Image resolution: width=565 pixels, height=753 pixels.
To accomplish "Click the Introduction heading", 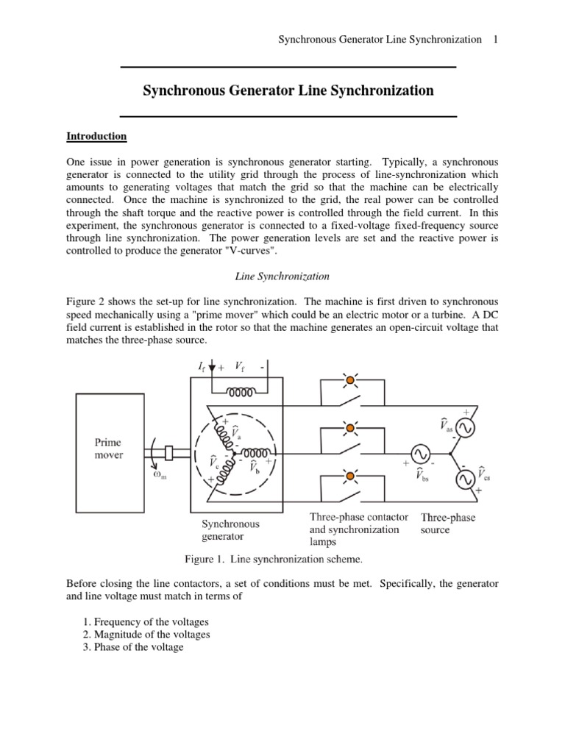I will coord(96,137).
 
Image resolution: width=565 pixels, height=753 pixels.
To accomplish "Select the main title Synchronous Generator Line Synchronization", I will coord(288,91).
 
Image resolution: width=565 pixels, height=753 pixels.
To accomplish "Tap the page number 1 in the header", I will coord(496,39).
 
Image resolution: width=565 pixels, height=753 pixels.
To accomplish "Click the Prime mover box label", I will coord(108,449).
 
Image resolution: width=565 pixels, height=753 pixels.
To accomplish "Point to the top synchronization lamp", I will coord(350,380).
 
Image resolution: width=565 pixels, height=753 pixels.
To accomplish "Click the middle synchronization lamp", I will coord(350,427).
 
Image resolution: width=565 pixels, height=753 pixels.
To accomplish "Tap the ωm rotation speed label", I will coord(160,474).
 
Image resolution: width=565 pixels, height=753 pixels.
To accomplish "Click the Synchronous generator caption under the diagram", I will coord(230,530).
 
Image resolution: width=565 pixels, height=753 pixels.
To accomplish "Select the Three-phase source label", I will coord(447,524).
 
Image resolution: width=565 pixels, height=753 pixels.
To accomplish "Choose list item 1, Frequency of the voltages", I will coord(146,621).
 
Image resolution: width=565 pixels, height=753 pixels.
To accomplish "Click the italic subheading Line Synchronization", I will coord(282,276).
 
